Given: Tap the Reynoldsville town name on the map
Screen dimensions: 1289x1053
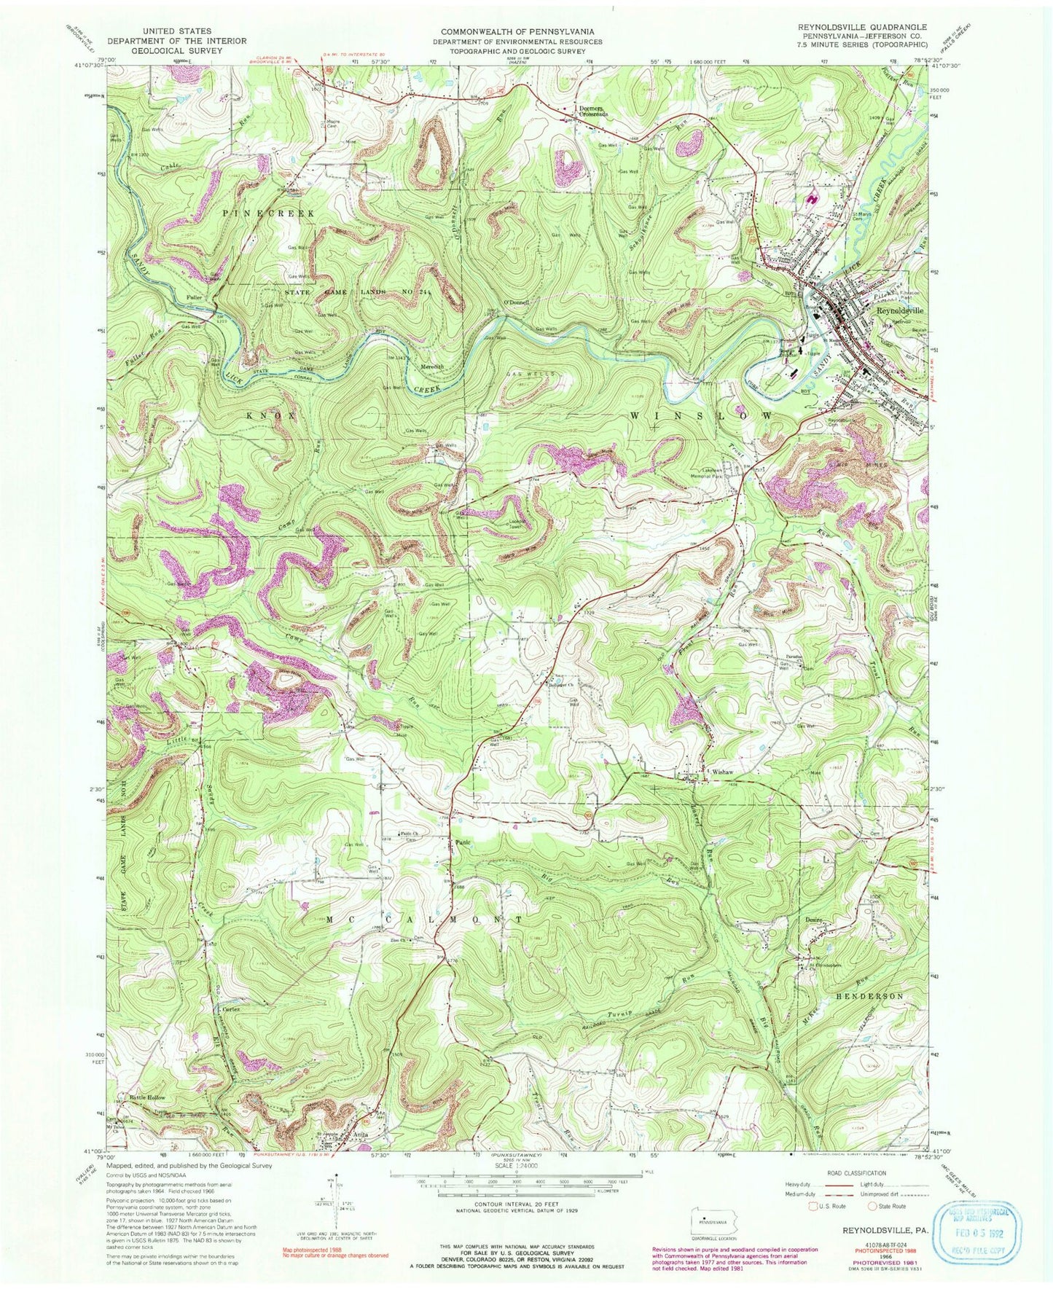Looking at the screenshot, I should point(899,310).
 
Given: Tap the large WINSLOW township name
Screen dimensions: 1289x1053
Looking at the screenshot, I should point(702,415).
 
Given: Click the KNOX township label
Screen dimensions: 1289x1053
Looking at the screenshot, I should point(272,415).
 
